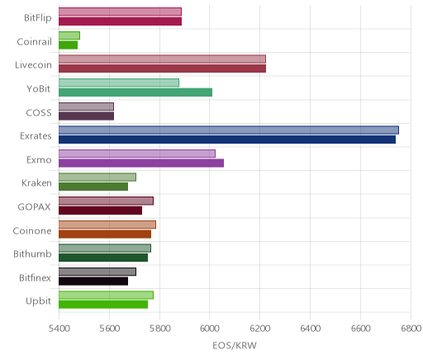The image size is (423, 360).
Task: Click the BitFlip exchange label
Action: coord(38,18)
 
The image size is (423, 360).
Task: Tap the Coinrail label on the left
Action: coord(34,42)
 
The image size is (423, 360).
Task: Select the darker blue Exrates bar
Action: coord(227,140)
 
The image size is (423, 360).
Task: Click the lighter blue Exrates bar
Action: coord(229,130)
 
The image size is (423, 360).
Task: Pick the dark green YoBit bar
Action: coord(135,92)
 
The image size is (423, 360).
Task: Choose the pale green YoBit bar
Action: coord(119,83)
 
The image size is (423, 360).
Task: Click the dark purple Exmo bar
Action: coord(141,163)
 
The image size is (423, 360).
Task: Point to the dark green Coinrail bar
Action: coord(68,45)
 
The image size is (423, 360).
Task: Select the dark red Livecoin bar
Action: coord(162,69)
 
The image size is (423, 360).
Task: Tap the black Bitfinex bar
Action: coord(93,282)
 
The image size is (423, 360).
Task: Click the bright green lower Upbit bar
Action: coord(103,305)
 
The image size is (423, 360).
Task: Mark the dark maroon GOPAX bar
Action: coord(100,211)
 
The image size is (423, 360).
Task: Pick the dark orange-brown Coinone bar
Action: coord(105,234)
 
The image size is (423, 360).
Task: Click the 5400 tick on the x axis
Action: coord(59,329)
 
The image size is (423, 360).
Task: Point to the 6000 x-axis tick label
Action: coord(210,329)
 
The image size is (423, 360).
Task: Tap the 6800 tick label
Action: coord(411,329)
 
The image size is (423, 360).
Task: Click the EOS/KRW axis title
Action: coord(235,345)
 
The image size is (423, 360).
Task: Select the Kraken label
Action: coord(36,183)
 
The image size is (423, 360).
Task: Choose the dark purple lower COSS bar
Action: coord(86,116)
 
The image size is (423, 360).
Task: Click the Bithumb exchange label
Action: coord(32,253)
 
